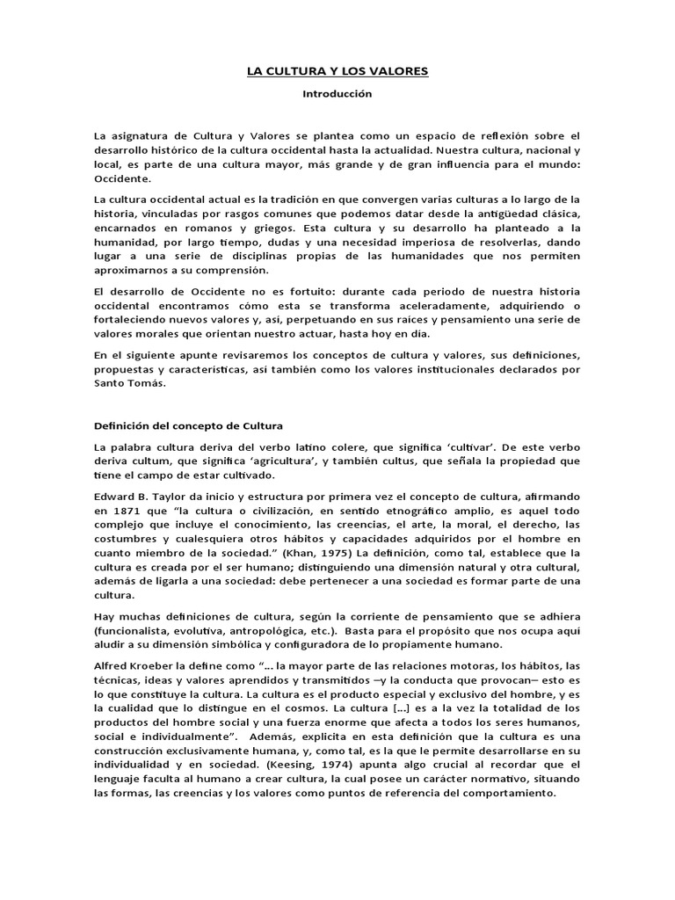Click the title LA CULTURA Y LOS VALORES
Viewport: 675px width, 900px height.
[337, 70]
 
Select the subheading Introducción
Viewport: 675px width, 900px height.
[337, 93]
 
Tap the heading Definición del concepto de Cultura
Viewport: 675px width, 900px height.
[189, 425]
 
